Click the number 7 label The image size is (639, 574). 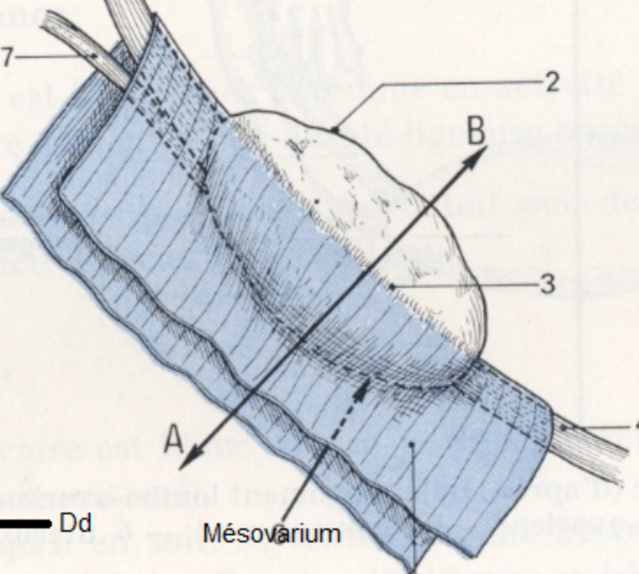(x=6, y=56)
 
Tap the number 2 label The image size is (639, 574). (x=551, y=82)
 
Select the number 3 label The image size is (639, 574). (x=548, y=284)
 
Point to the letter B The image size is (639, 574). (x=475, y=132)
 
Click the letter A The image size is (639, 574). (x=174, y=439)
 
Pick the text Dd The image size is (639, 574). (x=75, y=523)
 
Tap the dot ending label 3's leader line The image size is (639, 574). (x=393, y=286)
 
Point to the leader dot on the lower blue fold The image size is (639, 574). (x=411, y=445)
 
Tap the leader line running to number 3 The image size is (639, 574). (x=465, y=285)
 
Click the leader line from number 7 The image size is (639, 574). (x=53, y=56)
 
